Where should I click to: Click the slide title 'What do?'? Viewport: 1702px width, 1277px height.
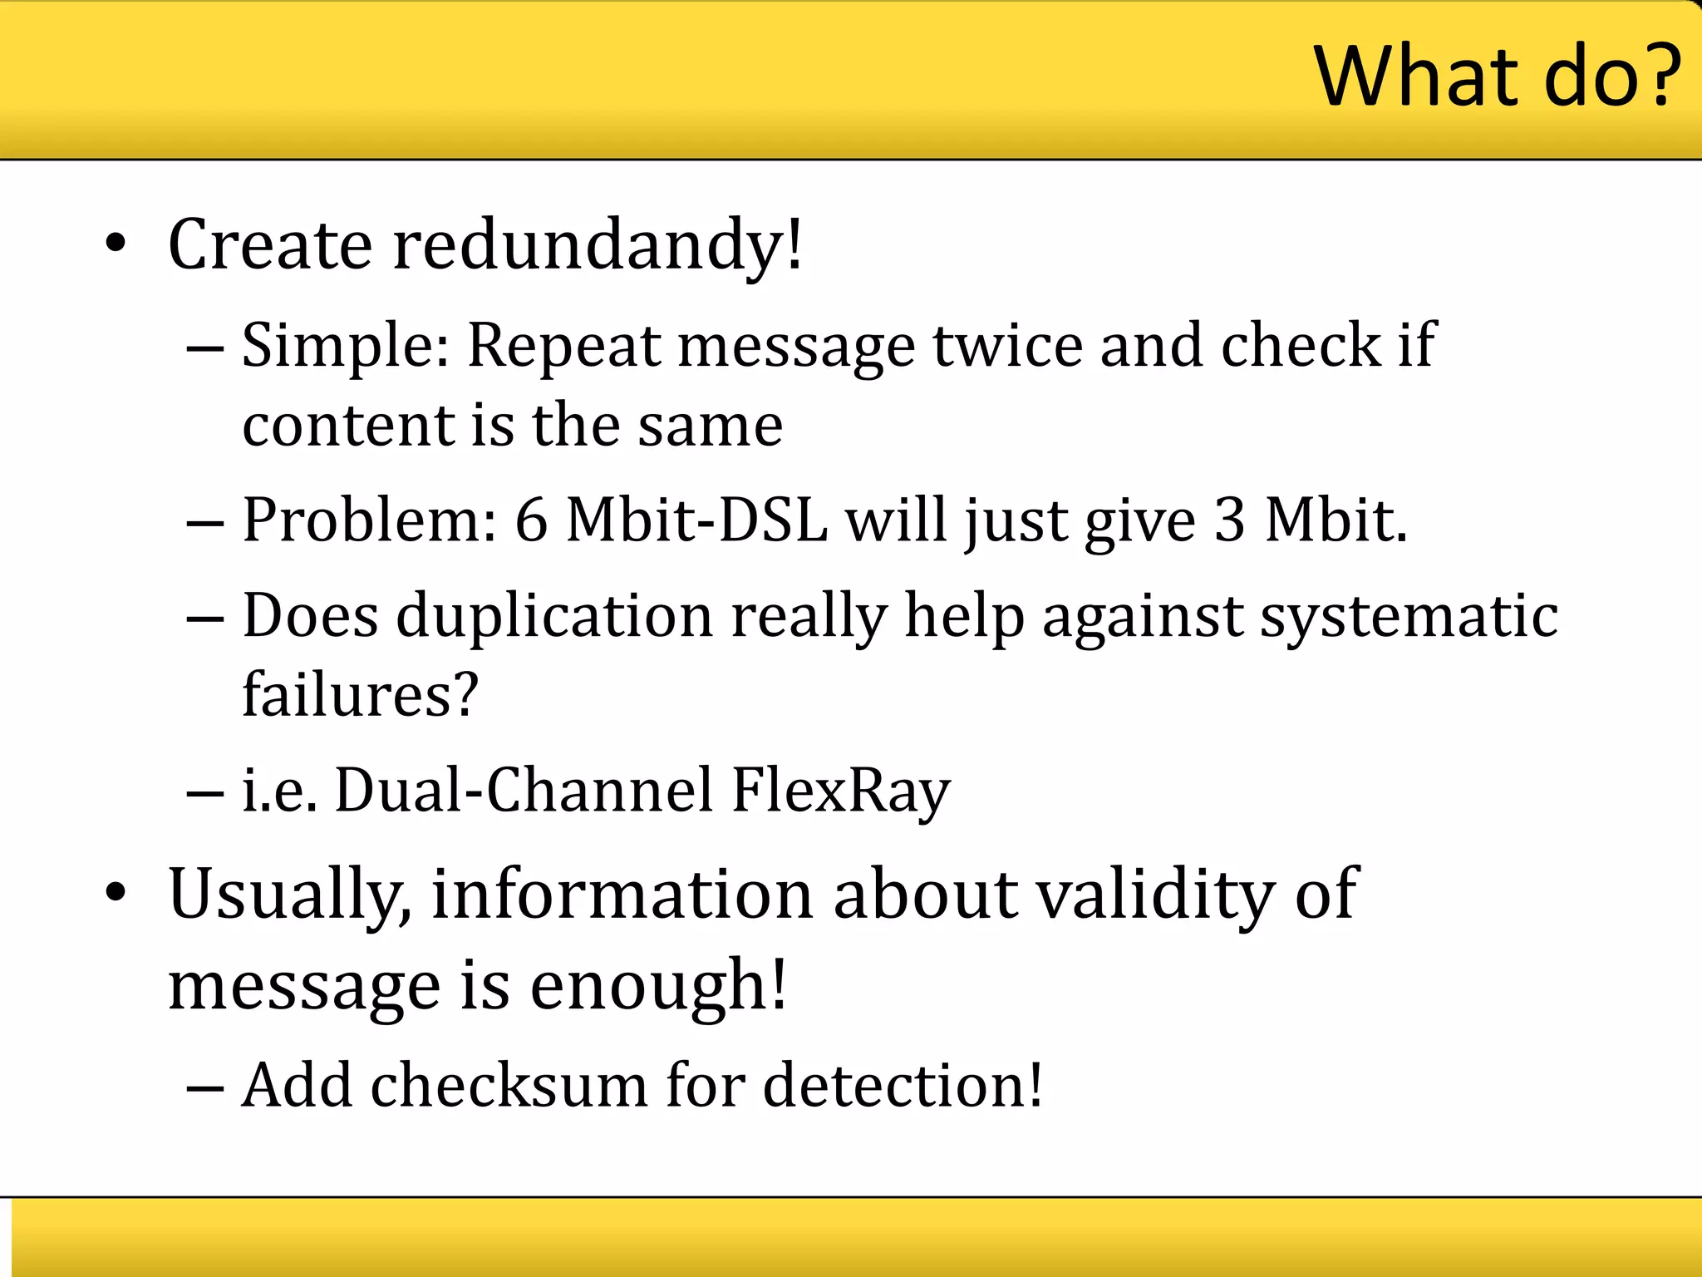[x=1496, y=76]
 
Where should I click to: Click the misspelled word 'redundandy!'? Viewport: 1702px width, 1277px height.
[x=598, y=245]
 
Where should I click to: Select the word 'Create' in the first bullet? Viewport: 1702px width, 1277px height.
[x=270, y=245]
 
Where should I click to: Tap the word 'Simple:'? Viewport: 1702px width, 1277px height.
[x=345, y=345]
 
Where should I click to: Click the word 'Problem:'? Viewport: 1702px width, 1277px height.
[x=369, y=521]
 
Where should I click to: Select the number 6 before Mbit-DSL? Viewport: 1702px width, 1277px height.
[x=531, y=521]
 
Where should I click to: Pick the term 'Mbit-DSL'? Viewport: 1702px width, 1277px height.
[x=696, y=521]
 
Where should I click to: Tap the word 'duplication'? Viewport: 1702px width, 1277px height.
[x=554, y=617]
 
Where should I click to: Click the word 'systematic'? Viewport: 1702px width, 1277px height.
[x=1409, y=617]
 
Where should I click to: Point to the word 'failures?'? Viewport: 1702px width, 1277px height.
[x=360, y=694]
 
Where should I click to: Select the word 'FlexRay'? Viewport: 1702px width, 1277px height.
[x=840, y=791]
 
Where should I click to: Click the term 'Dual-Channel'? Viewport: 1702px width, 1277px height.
[x=524, y=791]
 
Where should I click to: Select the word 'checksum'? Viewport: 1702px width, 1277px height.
[x=509, y=1086]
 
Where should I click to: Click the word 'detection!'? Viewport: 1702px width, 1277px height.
[x=903, y=1086]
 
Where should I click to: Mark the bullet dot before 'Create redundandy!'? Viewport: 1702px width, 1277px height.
[x=116, y=244]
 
